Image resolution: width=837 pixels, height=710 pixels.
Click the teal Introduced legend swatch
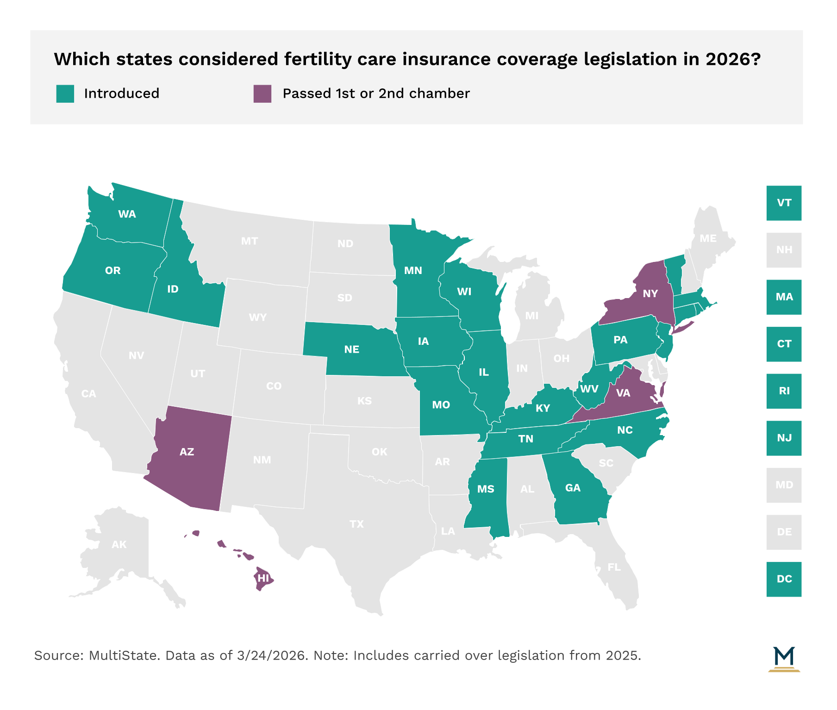[x=65, y=93]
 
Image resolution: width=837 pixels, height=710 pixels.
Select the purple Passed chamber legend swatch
[x=262, y=93]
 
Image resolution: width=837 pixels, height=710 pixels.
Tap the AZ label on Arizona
[x=187, y=452]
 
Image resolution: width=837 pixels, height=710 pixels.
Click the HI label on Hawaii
[x=263, y=578]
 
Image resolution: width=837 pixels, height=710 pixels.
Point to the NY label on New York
[x=650, y=293]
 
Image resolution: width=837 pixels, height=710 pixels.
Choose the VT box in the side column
[x=783, y=203]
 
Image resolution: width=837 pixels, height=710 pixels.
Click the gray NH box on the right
[x=783, y=250]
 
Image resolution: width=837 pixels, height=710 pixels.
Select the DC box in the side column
[x=783, y=579]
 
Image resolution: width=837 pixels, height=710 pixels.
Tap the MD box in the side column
[x=783, y=485]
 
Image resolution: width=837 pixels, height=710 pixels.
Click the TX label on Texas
[x=356, y=524]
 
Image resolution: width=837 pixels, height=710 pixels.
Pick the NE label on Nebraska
[x=351, y=349]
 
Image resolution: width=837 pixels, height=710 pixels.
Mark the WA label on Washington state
[x=127, y=214]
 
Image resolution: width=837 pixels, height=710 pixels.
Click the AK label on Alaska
[x=119, y=544]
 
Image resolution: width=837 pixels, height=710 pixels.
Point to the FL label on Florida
[x=614, y=567]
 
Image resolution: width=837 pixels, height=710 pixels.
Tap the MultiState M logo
[x=784, y=658]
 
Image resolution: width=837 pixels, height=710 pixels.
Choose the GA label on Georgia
[x=573, y=488]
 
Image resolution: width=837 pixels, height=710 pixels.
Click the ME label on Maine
[x=708, y=238]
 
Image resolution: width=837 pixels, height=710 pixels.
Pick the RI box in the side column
[x=783, y=391]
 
